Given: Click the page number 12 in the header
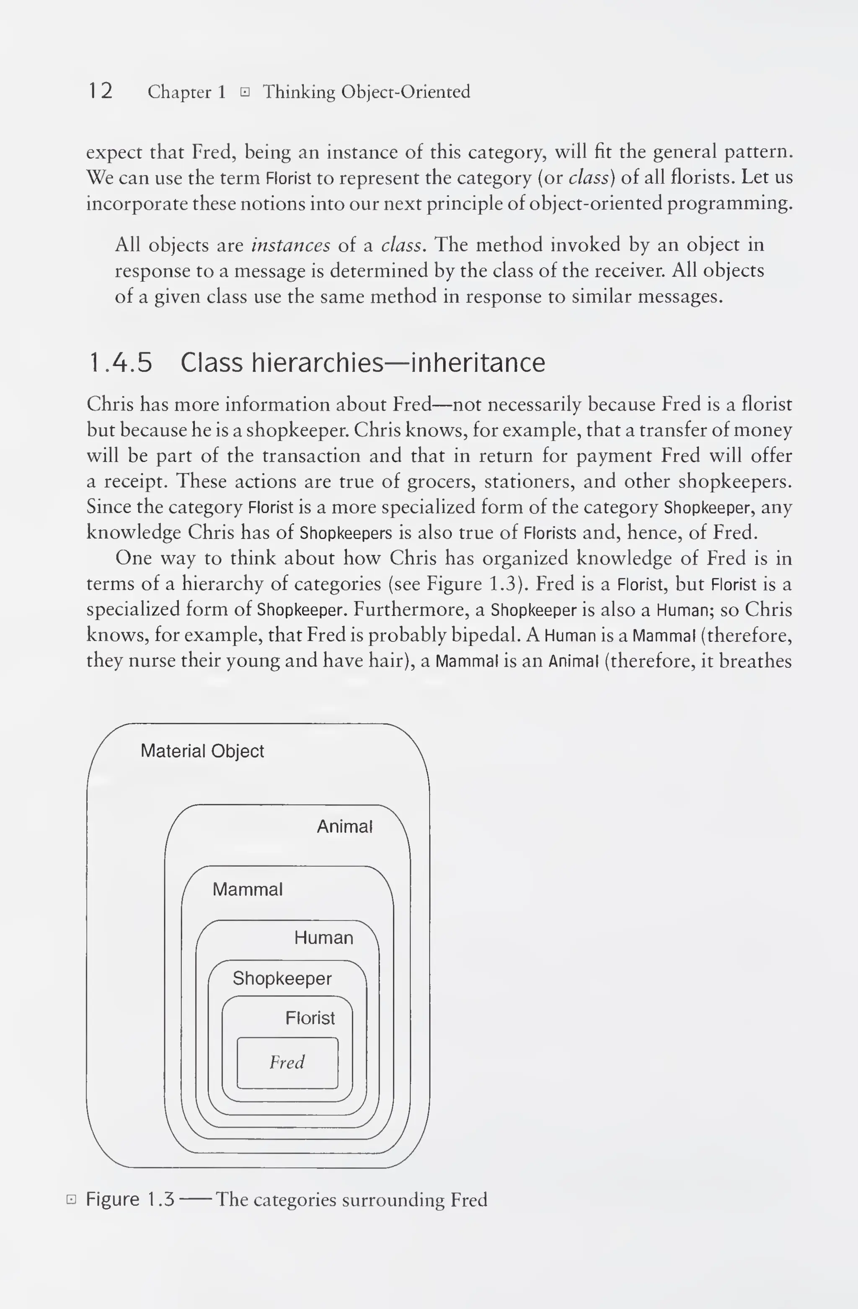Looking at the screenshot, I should [x=101, y=91].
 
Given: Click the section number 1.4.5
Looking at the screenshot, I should [x=120, y=363].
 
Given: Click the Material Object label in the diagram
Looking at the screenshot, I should [x=202, y=751].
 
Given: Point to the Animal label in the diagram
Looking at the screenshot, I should [x=344, y=826].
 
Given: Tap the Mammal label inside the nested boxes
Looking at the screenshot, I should [x=248, y=889].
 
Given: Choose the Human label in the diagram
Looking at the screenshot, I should [x=323, y=938].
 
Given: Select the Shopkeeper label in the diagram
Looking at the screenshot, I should [x=282, y=979].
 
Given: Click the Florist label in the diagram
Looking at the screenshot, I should [x=310, y=1018].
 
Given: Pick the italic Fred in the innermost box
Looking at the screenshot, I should [x=287, y=1062].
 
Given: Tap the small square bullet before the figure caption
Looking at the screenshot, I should [x=71, y=1200].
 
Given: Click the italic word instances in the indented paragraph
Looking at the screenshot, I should [x=290, y=245].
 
